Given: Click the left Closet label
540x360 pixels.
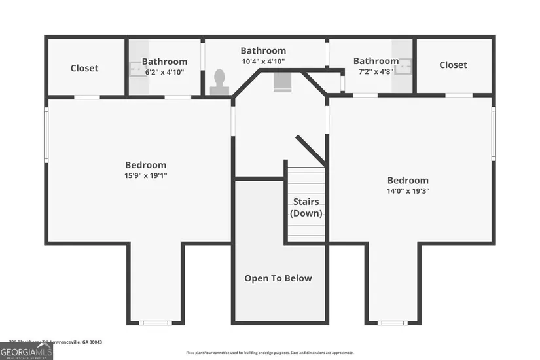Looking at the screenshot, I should tap(84, 68).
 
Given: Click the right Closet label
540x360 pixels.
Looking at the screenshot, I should tap(453, 65).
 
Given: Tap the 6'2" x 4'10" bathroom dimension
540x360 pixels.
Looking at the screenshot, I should tap(164, 72).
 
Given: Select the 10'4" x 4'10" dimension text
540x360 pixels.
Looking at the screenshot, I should tap(263, 61).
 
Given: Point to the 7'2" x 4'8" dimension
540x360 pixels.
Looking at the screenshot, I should tap(376, 71).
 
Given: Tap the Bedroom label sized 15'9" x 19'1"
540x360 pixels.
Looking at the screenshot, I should tap(145, 165).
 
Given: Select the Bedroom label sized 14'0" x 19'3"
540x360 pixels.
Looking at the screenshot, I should tap(408, 181).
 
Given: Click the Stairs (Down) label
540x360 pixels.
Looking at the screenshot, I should tap(306, 207).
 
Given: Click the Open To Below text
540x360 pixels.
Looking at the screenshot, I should tap(278, 278).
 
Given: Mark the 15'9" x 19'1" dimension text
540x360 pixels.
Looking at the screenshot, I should tap(145, 175).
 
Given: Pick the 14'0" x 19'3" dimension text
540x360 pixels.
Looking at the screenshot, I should tap(408, 191).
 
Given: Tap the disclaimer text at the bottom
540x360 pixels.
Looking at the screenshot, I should tap(275, 352).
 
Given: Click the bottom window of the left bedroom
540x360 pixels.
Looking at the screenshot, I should tap(156, 322).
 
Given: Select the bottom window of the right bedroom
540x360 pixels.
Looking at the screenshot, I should tap(393, 322).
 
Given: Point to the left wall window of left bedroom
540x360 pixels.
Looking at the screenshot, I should tap(46, 134).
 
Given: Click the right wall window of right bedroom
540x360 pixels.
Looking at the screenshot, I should tap(494, 134).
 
